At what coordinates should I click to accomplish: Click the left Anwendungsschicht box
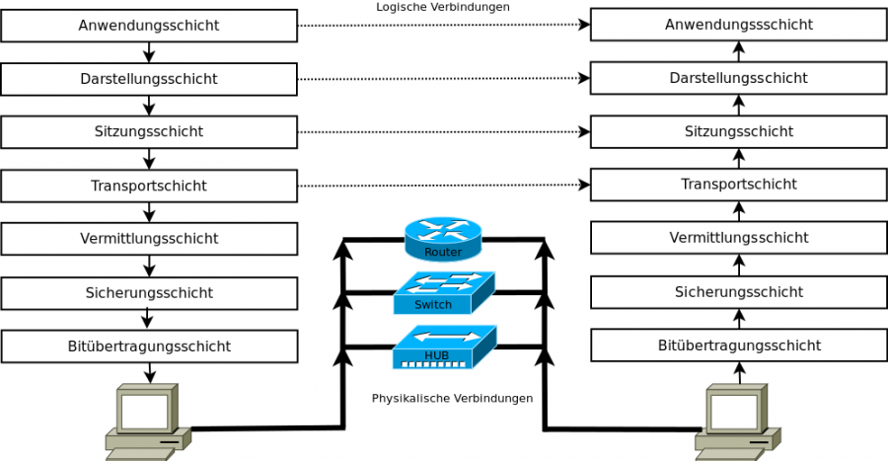click(149, 26)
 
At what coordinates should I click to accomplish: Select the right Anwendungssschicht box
click(739, 25)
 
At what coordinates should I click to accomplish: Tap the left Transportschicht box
click(149, 186)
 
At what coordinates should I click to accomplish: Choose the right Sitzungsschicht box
click(739, 131)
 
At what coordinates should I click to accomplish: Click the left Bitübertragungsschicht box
click(149, 346)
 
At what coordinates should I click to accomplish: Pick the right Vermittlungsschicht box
click(739, 238)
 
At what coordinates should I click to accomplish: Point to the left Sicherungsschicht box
click(149, 293)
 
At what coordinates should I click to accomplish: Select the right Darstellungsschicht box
click(739, 78)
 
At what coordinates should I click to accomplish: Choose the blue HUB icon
click(443, 347)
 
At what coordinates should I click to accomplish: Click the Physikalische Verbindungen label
click(452, 399)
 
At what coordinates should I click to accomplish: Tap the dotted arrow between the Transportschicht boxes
click(443, 185)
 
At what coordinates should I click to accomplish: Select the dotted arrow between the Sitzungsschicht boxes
click(443, 131)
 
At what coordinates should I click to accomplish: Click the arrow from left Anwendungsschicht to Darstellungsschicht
click(149, 52)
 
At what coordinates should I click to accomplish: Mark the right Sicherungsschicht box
click(739, 292)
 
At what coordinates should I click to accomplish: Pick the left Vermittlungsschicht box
click(149, 239)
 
